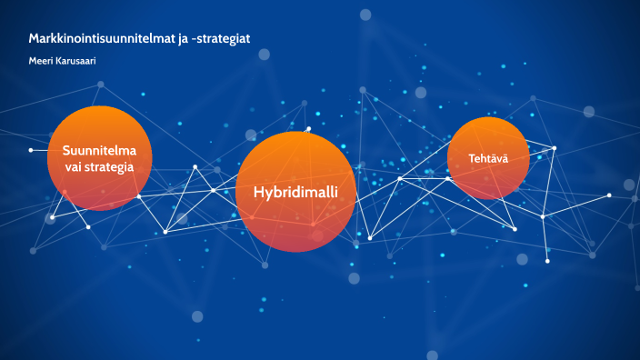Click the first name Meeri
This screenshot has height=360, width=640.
(42, 60)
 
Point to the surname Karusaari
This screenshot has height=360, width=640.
(76, 60)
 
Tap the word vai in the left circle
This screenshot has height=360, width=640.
(75, 167)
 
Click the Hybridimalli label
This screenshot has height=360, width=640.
(295, 193)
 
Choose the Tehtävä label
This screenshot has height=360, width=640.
(488, 158)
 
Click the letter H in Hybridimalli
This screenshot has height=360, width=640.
(258, 193)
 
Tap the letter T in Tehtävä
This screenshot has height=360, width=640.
(471, 158)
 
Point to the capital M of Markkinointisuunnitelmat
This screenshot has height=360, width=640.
(34, 37)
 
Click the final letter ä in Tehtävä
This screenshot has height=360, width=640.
(505, 158)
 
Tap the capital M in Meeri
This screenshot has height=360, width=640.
(33, 60)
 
